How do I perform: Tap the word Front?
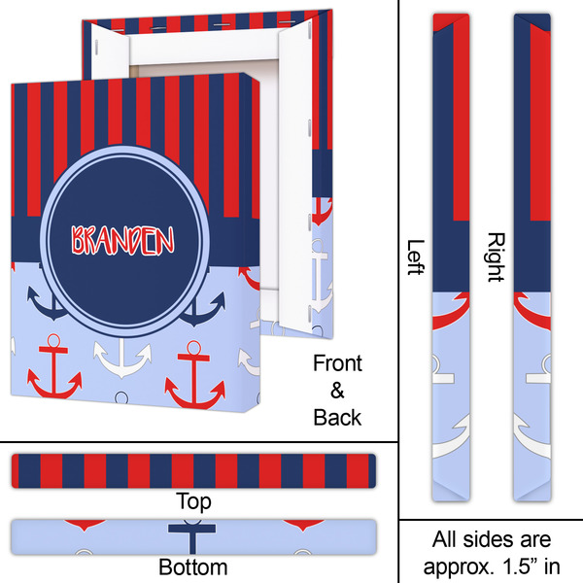coord(337,364)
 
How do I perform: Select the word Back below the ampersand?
coord(337,417)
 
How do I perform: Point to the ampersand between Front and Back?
coord(337,391)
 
